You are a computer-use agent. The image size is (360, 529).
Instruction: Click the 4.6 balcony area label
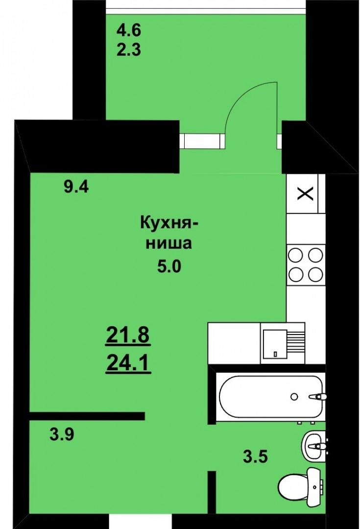128,31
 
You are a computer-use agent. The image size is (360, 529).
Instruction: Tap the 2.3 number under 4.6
128,50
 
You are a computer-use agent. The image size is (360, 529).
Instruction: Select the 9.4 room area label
76,187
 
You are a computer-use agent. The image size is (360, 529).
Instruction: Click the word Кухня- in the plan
169,223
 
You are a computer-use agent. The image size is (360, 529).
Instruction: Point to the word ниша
168,243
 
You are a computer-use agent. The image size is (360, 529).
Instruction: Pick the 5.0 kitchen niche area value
169,266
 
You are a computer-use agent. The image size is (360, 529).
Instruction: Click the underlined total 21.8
128,336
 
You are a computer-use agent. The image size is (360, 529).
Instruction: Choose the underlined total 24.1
128,363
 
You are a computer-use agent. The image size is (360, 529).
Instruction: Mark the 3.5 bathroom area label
255,457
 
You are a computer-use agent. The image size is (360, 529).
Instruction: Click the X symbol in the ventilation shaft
305,194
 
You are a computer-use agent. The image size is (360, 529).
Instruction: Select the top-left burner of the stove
296,255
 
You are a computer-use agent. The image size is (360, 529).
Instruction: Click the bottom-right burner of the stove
316,274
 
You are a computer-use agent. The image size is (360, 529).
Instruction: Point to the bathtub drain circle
294,397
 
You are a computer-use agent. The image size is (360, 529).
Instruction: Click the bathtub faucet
317,397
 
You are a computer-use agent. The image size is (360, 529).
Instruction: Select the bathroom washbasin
314,446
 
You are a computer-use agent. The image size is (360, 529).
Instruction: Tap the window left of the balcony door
202,141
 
